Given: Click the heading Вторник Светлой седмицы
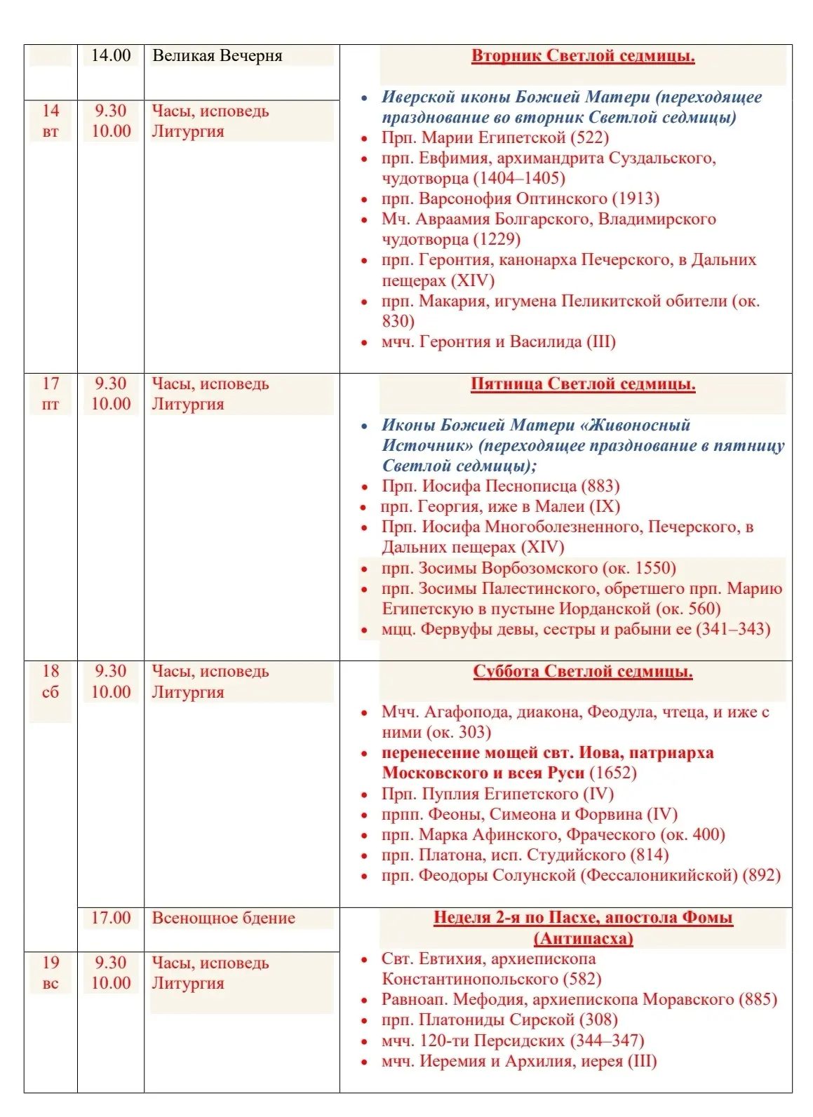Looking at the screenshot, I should [582, 56].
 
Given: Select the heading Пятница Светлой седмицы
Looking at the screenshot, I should [582, 384].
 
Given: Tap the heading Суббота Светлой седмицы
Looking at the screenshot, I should [582, 672].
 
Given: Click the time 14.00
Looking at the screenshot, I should [111, 55].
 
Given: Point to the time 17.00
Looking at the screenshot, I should [111, 918].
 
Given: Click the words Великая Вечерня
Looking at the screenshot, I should [217, 56].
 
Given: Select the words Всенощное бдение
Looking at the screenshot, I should [223, 919].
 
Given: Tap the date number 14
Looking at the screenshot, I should [51, 111].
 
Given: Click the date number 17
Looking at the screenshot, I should [51, 384].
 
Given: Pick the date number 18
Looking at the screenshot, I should [51, 671].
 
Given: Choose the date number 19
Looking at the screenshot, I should [51, 963].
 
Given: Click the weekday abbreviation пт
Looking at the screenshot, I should [51, 405].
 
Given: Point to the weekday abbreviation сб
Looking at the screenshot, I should [51, 692].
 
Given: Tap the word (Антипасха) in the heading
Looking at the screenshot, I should [583, 938].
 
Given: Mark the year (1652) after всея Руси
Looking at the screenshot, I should [612, 773].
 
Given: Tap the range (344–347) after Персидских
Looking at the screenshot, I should [607, 1041].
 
